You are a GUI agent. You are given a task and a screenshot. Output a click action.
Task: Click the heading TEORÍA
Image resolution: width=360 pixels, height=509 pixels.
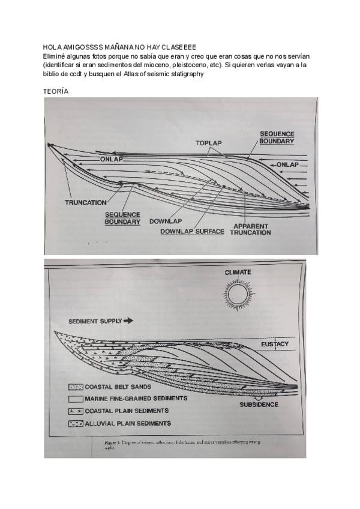click(56, 91)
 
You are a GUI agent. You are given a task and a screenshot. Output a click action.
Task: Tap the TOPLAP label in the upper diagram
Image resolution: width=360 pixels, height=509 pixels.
click(208, 143)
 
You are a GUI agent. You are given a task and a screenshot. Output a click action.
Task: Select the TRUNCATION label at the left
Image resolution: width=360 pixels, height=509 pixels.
click(86, 203)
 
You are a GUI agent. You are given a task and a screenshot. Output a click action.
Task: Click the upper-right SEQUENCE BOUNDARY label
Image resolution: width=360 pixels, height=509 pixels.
click(277, 137)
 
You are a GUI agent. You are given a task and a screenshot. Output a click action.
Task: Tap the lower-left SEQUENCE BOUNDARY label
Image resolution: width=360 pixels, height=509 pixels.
click(122, 218)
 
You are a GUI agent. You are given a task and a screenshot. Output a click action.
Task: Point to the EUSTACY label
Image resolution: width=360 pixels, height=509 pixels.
click(275, 345)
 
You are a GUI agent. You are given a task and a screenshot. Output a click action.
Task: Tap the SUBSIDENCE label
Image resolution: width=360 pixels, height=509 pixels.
click(259, 405)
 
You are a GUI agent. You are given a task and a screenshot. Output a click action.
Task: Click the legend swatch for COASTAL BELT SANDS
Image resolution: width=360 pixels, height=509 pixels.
click(76, 387)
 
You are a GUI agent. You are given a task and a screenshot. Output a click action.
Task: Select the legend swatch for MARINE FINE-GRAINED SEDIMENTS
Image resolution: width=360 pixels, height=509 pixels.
click(76, 399)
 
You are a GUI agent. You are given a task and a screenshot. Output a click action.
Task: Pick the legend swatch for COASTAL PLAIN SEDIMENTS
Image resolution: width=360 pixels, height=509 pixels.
click(76, 411)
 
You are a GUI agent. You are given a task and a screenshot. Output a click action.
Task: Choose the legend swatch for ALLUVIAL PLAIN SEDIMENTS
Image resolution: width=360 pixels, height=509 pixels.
click(76, 424)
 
